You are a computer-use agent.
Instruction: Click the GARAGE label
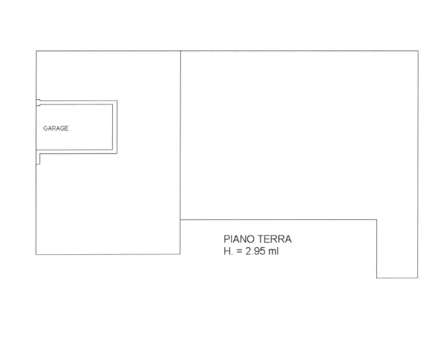coord(56,128)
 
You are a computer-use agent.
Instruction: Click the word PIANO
coord(239,239)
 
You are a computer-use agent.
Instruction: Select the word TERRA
coord(274,239)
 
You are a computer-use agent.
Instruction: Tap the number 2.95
coord(255,251)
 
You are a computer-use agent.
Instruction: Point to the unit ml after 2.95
coord(273,251)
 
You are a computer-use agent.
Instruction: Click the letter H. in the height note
coord(228,251)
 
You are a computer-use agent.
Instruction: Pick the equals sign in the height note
coord(239,252)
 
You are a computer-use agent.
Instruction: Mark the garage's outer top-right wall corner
coord(117,101)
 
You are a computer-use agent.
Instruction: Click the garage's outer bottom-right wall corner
coord(117,153)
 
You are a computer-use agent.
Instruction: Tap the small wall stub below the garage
coord(38,159)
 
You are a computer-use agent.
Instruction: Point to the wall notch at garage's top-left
coord(38,102)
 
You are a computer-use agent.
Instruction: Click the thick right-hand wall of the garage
coord(115,127)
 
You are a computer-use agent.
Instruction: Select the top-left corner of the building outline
coord(36,51)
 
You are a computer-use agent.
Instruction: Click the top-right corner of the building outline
coord(418,51)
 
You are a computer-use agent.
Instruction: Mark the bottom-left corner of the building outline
coord(36,254)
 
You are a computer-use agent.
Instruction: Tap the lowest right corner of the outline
coord(418,278)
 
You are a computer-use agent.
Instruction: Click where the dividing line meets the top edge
coord(181,51)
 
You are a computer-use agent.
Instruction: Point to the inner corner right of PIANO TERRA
coord(377,220)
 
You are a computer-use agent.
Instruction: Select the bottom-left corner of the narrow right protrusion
coord(377,278)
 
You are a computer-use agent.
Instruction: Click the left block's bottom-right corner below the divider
coord(180,254)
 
